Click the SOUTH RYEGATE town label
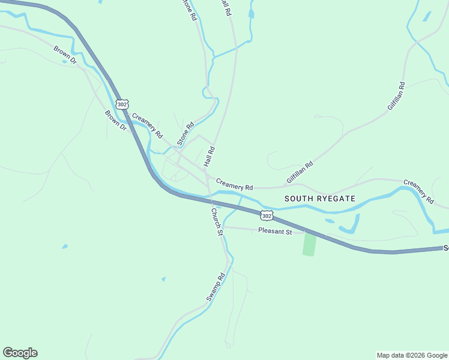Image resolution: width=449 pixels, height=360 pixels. (319, 198)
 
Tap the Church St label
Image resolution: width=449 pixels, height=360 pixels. (217, 221)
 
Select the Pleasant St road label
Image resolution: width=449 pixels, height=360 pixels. (275, 231)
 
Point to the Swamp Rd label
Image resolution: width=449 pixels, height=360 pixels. (215, 287)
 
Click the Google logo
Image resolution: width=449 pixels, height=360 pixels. (20, 353)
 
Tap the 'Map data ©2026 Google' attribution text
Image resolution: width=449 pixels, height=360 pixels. (411, 355)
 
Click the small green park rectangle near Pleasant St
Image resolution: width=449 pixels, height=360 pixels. (309, 244)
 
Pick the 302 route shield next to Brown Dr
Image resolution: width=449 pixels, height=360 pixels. (122, 104)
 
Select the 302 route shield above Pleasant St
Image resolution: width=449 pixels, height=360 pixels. (267, 215)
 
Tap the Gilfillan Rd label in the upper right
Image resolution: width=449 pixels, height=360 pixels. (396, 96)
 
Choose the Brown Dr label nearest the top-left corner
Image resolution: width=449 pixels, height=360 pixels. (65, 55)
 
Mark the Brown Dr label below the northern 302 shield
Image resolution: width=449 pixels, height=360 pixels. (115, 120)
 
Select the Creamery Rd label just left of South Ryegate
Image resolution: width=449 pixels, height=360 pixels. (234, 184)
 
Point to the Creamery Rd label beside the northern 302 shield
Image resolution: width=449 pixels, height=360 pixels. (147, 126)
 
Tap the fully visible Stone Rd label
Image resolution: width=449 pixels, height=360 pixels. (186, 134)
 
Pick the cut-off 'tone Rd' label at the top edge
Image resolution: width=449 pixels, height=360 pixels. (189, 10)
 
